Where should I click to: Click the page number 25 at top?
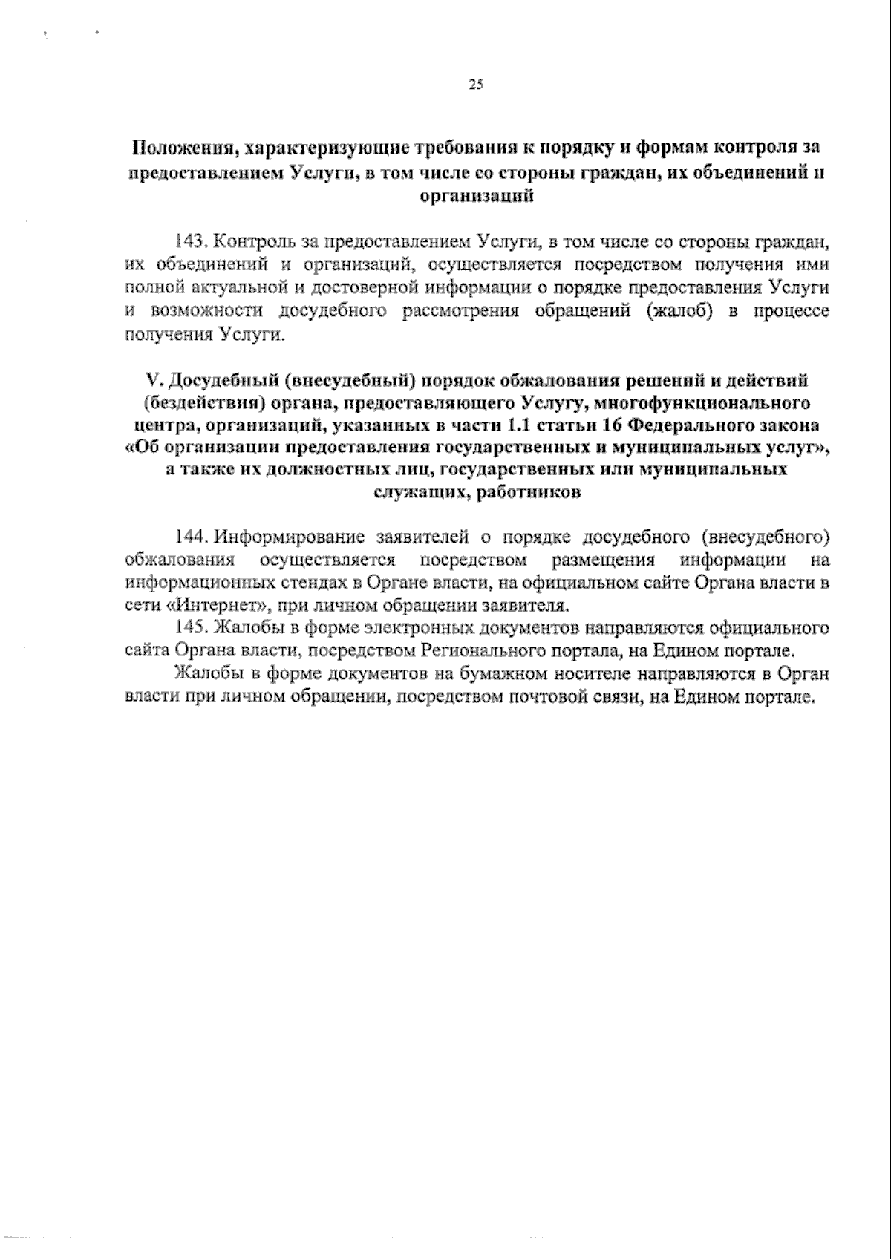[476, 85]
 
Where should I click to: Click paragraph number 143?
[188, 241]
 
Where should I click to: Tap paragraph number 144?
[188, 537]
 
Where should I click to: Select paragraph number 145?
[188, 627]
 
